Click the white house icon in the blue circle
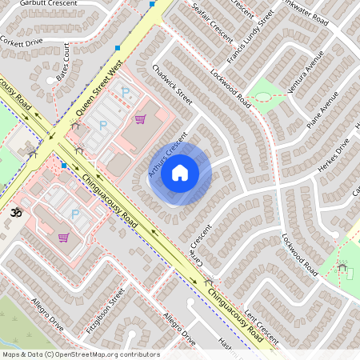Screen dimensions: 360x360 pyautogui.click(x=179, y=173)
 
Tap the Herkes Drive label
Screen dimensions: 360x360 pyautogui.click(x=333, y=154)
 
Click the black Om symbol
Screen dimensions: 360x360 pyautogui.click(x=14, y=214)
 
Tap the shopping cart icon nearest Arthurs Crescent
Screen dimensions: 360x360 pyautogui.click(x=141, y=119)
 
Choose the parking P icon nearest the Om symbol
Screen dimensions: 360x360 pyautogui.click(x=75, y=214)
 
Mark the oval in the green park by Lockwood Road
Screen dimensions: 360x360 pyautogui.click(x=262, y=98)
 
